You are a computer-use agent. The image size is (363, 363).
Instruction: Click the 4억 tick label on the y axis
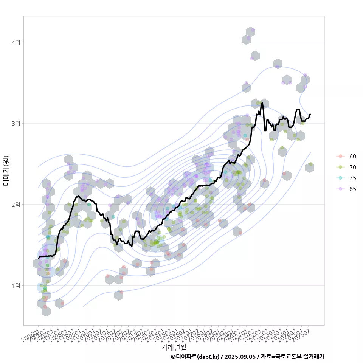point(16,42)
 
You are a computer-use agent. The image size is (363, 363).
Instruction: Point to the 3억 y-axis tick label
point(16,124)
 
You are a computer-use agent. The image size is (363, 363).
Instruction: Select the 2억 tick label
point(16,205)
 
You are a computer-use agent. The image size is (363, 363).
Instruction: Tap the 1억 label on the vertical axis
point(16,285)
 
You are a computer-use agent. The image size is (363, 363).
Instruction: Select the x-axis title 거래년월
point(174,347)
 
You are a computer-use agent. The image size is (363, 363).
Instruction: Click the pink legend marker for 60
point(340,156)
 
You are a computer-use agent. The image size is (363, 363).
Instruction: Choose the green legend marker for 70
point(340,167)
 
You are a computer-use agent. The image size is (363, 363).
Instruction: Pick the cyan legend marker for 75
point(340,178)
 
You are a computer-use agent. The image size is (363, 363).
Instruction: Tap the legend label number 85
point(352,189)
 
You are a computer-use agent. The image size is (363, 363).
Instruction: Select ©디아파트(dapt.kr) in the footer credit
point(195,357)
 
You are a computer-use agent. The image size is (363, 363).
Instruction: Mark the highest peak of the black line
point(262,102)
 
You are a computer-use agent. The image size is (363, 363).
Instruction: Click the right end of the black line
point(310,114)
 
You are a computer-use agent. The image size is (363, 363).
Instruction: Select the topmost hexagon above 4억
point(250,32)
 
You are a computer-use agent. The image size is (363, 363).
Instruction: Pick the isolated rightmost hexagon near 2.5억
point(310,168)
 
